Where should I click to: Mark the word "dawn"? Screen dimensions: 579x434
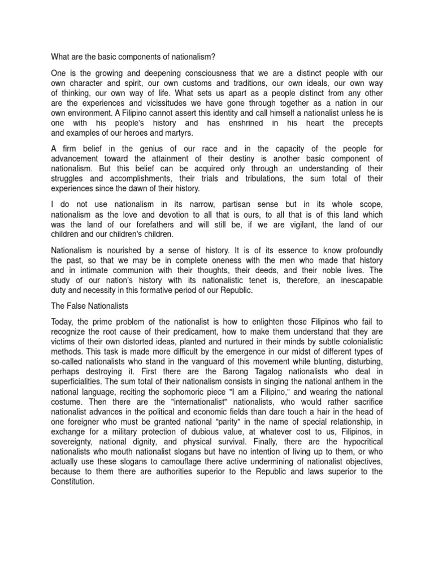146,188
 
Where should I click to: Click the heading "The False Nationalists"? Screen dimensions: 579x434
90,306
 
